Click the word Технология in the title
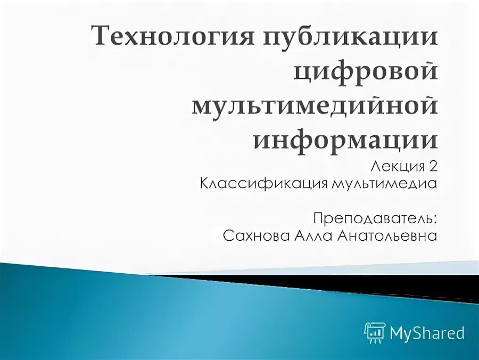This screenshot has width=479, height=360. click(x=166, y=39)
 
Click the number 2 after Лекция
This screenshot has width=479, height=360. click(x=432, y=167)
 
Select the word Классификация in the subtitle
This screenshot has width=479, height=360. click(x=264, y=184)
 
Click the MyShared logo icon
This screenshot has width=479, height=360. click(x=375, y=333)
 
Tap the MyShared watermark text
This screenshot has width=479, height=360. click(x=427, y=333)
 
